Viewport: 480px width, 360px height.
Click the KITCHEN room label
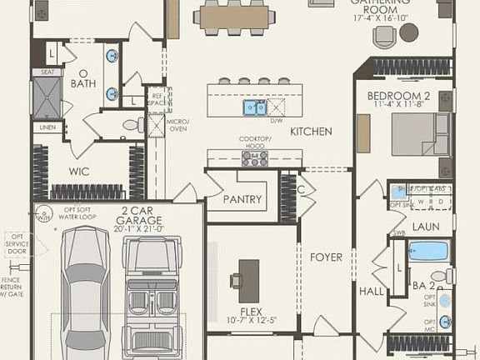(x=311, y=132)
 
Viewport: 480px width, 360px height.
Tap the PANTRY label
(x=242, y=200)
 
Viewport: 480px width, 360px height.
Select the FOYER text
(x=326, y=257)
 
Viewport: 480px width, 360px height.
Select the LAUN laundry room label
(x=426, y=226)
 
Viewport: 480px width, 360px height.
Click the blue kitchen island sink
(x=255, y=107)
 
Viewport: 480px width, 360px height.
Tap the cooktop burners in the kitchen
(x=255, y=158)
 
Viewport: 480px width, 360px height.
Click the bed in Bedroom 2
(x=422, y=133)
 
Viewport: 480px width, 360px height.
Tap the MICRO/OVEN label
(x=177, y=125)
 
